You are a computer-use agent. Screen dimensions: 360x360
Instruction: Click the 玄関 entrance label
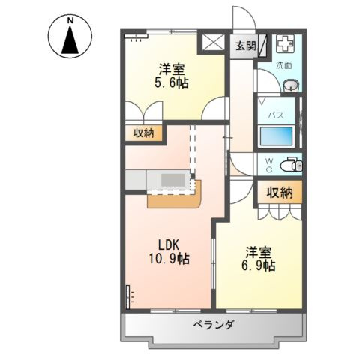click(x=245, y=46)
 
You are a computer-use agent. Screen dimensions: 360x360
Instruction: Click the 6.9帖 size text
click(x=258, y=265)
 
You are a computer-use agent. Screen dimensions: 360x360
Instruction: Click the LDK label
click(x=169, y=244)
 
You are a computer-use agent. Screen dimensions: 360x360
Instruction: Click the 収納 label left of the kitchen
click(x=144, y=133)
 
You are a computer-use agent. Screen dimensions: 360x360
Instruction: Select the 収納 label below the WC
click(x=280, y=192)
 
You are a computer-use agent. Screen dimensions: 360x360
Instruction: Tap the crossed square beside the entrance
click(x=212, y=43)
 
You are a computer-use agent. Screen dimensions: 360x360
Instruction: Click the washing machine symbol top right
click(x=286, y=44)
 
